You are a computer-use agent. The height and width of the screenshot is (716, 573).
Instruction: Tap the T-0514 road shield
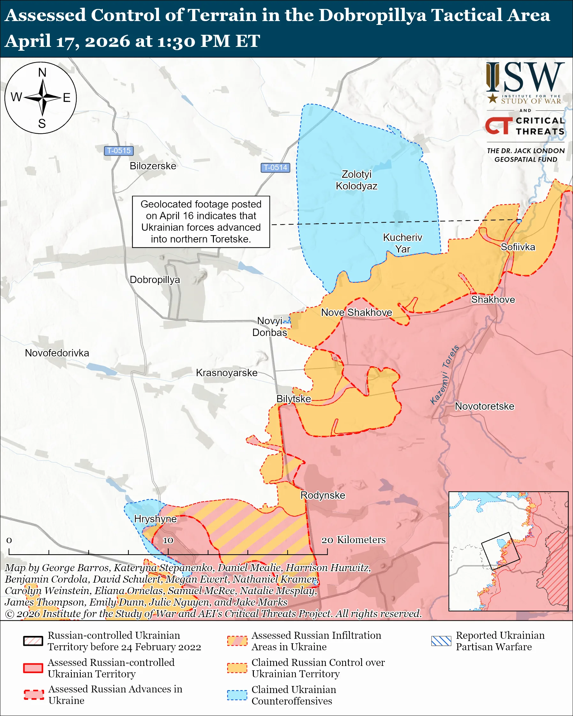tap(275, 168)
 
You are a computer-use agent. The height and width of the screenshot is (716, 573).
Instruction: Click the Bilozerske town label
tap(153, 166)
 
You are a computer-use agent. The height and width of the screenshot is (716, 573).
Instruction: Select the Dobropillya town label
tap(155, 280)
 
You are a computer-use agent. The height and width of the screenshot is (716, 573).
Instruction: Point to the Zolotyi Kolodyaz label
tap(357, 180)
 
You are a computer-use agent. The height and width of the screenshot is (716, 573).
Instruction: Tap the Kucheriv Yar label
tap(402, 243)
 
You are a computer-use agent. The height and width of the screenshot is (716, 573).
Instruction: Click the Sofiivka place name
tap(517, 247)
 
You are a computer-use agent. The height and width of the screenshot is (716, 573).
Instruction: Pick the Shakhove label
tap(493, 300)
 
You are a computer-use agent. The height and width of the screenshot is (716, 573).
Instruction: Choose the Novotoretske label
tap(484, 406)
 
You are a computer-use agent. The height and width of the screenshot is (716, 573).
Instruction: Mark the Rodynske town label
tap(322, 495)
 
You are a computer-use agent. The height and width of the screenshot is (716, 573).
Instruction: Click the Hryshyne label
tap(155, 519)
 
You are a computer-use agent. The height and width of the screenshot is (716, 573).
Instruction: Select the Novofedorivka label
tap(57, 353)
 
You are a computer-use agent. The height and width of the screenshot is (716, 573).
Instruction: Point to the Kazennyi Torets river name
tap(444, 375)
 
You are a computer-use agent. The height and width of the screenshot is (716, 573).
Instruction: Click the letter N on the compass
tap(42, 72)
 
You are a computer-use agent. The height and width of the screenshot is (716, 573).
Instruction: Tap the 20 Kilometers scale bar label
tap(353, 540)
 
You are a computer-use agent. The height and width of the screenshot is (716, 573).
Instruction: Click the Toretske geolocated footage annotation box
tap(201, 221)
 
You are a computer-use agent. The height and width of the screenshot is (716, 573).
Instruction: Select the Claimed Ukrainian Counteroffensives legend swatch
tap(237, 695)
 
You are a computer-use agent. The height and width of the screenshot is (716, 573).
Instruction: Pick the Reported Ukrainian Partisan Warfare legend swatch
tap(441, 641)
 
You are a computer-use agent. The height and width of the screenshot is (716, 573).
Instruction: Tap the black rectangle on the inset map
tap(500, 551)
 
